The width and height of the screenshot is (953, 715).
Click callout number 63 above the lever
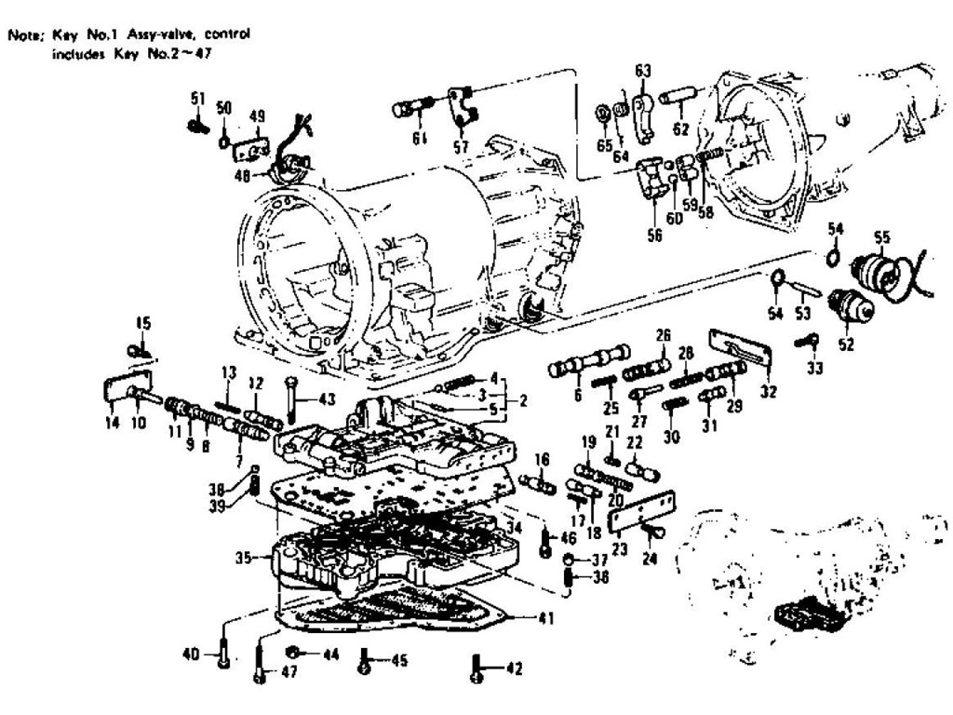click(643, 70)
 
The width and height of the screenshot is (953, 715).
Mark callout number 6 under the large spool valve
click(579, 394)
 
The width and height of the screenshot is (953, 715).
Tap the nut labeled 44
click(292, 651)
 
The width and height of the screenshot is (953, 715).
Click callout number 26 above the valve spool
click(663, 334)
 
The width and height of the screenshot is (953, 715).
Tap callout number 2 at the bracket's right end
click(524, 401)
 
